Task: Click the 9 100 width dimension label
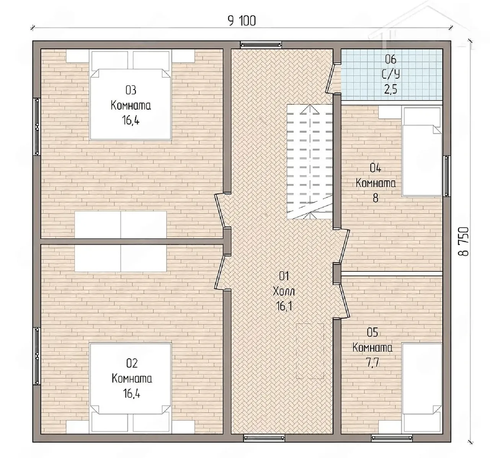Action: (242, 21)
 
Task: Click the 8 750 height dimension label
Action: (464, 242)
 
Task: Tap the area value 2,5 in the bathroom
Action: (390, 89)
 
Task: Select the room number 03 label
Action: (131, 90)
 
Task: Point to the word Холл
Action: (284, 292)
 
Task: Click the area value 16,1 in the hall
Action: (284, 306)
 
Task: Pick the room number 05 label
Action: (372, 333)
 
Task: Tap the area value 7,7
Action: (372, 363)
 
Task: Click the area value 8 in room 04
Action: (376, 198)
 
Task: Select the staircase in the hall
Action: (310, 162)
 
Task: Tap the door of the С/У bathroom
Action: (331, 78)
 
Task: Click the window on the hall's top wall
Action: (261, 45)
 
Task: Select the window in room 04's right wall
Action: (447, 176)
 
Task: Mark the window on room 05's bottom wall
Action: (392, 438)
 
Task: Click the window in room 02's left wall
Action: (37, 356)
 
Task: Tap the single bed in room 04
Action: (421, 152)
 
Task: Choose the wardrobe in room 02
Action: (121, 258)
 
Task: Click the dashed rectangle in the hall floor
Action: (310, 351)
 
